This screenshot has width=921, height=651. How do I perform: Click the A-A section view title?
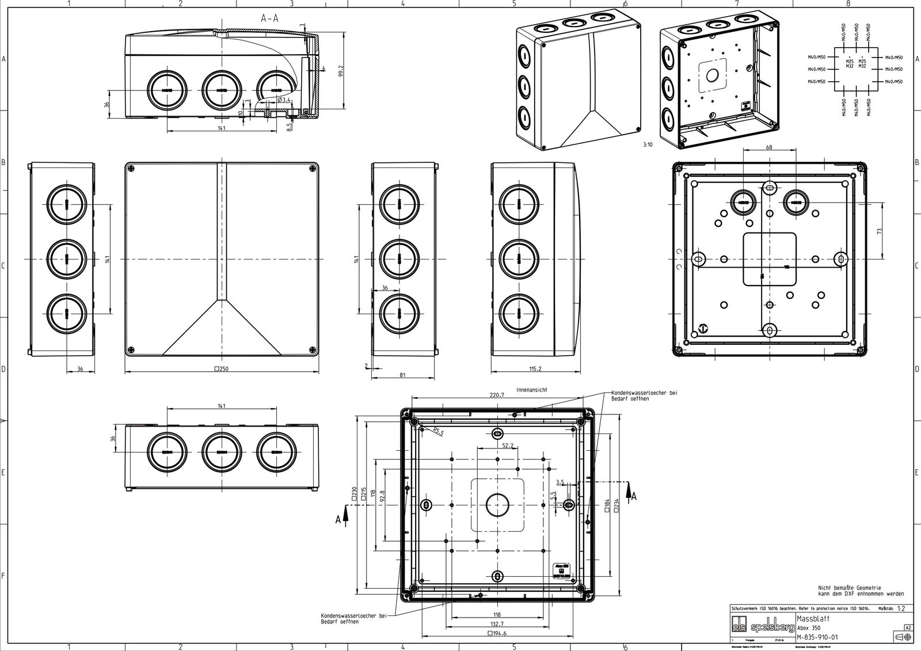pos(269,18)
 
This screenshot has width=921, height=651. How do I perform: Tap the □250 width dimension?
pos(222,368)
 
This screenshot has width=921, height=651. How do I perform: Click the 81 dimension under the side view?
pos(402,375)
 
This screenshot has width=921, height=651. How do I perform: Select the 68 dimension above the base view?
pos(770,147)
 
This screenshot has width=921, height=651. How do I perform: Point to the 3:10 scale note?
pos(648,145)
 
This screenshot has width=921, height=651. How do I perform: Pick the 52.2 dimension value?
pos(508,446)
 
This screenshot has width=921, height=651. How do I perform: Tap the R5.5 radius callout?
pos(438,432)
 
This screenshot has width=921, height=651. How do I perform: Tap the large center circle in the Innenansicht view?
pos(497,505)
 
